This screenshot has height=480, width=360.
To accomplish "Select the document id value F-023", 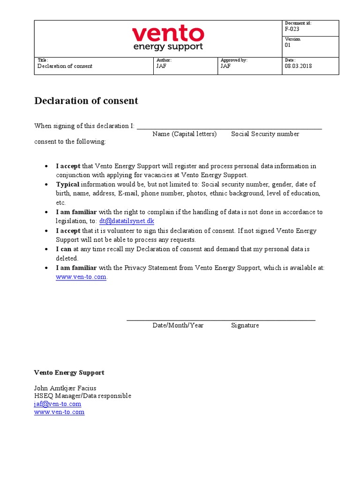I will coord(292,29).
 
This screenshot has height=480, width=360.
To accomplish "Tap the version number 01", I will coord(288,45).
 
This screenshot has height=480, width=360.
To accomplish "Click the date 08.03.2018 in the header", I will coord(298,66).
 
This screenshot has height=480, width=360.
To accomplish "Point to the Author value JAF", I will coord(161,66).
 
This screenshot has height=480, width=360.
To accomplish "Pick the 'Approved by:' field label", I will coord(234,60).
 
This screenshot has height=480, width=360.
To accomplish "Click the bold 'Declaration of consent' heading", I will coord(86,101).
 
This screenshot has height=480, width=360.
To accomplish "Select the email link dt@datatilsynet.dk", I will coord(127,221).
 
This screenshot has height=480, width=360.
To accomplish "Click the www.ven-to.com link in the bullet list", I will coord(81,277).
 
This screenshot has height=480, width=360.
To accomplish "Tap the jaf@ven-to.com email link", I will coord(57,404).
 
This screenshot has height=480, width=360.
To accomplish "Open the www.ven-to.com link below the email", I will coord(59,412).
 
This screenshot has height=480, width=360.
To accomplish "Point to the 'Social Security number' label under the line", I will coord(265,134).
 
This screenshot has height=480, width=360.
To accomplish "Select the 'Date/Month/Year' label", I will coord(178,325).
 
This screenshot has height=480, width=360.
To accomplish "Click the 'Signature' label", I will coord(245,325).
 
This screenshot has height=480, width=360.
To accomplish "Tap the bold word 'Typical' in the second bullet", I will coord(68,184).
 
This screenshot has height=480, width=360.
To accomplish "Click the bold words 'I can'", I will coord(64,249).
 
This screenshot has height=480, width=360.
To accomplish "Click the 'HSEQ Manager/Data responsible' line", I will coord(82,396).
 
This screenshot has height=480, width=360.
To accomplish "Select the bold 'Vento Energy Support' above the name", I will coord(69,373).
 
